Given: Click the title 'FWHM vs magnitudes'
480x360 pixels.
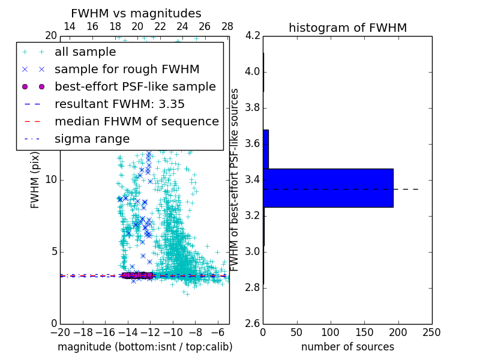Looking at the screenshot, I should [x=136, y=13].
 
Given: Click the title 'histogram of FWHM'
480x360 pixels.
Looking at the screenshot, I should [x=347, y=28].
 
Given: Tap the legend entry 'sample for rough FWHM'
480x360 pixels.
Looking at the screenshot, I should [x=127, y=69].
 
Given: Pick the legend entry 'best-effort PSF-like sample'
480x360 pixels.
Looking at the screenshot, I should [x=135, y=86].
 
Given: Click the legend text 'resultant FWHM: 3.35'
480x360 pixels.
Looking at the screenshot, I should [x=119, y=104].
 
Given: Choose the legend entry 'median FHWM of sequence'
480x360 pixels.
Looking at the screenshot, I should [x=136, y=121].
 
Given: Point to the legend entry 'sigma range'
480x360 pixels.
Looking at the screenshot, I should [x=92, y=139].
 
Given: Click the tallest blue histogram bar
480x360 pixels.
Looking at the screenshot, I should [x=328, y=188].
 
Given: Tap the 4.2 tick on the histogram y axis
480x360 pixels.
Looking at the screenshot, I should [x=253, y=36].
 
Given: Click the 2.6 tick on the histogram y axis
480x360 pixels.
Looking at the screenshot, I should [x=253, y=323].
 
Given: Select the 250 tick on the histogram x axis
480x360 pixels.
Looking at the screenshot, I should [x=431, y=332].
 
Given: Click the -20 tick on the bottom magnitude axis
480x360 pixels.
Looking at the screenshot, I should [x=60, y=332].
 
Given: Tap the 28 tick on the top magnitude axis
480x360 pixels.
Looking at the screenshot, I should [x=227, y=26].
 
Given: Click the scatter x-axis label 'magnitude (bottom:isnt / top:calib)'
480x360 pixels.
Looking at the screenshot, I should [x=145, y=347].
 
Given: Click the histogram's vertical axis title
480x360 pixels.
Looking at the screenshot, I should [x=235, y=179].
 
